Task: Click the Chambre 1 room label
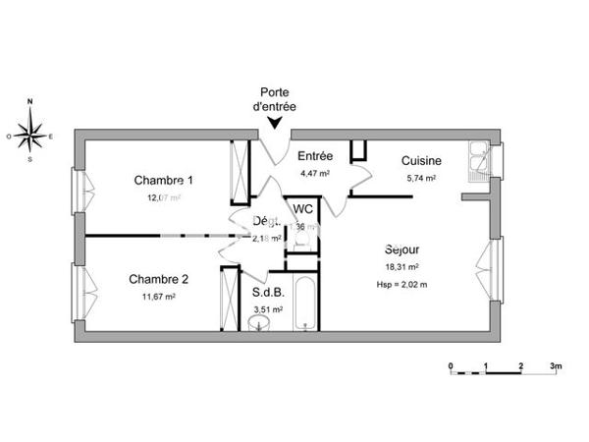pyautogui.click(x=163, y=180)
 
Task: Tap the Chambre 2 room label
pyautogui.click(x=158, y=279)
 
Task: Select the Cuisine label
pyautogui.click(x=421, y=161)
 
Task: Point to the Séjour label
pyautogui.click(x=402, y=249)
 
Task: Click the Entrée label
pyautogui.click(x=315, y=156)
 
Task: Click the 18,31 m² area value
pyautogui.click(x=402, y=266)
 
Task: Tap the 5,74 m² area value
pyautogui.click(x=421, y=178)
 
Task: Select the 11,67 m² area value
pyautogui.click(x=157, y=297)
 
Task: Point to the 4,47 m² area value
pyautogui.click(x=314, y=173)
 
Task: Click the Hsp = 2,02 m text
pyautogui.click(x=402, y=284)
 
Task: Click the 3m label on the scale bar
pyautogui.click(x=555, y=367)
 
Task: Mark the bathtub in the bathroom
pyautogui.click(x=304, y=304)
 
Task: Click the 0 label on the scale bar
pyautogui.click(x=451, y=367)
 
